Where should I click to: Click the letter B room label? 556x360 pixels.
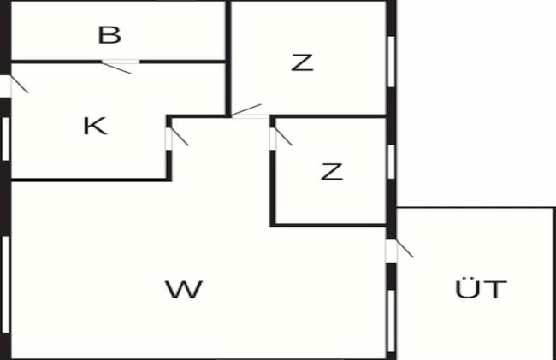(109, 35)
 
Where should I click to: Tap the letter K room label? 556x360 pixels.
(95, 126)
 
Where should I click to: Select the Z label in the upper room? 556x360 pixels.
(302, 62)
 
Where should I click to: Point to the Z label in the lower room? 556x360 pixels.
(332, 172)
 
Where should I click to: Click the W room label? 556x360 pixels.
(184, 289)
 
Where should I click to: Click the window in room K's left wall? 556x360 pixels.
(6, 139)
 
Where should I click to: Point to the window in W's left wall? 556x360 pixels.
(6, 285)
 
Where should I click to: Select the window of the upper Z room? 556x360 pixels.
(391, 62)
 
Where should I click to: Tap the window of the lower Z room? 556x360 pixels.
(391, 162)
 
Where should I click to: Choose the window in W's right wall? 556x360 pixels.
(391, 321)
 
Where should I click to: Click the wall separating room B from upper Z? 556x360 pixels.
(228, 58)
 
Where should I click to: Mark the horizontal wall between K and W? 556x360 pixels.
(92, 180)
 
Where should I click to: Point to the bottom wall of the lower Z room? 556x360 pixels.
(328, 225)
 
